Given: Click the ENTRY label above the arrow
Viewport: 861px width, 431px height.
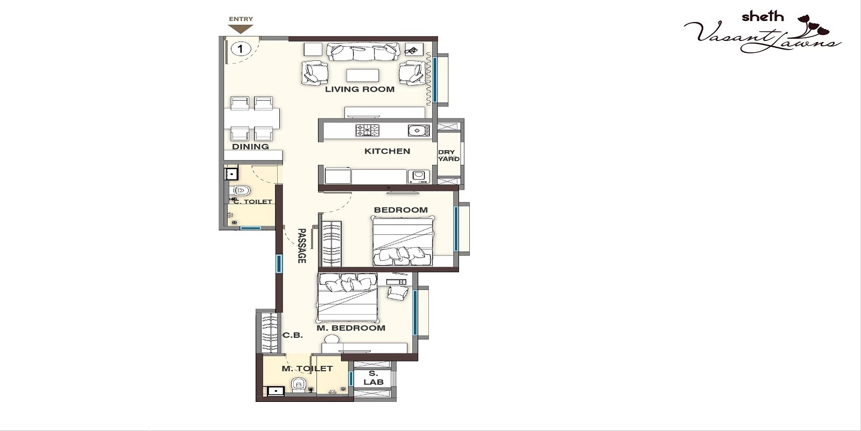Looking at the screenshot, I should [x=241, y=19].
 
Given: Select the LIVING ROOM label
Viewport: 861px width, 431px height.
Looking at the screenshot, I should [x=359, y=89].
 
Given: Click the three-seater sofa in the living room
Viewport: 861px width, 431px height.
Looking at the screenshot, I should [x=363, y=52].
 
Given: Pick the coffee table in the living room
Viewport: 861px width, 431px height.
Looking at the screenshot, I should [x=362, y=75].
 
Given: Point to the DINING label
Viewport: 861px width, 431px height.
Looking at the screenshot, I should [x=250, y=147].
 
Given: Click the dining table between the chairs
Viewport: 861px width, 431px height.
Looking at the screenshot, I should [x=252, y=117].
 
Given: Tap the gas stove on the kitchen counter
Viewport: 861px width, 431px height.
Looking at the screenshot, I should [x=367, y=130].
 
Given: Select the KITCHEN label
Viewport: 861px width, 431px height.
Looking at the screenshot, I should [x=387, y=151].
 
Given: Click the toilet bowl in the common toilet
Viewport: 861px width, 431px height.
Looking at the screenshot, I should [x=242, y=190].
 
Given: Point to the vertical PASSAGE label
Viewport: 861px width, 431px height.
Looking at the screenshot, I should [x=302, y=246].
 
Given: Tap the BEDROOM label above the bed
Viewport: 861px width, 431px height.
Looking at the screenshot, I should [x=400, y=210].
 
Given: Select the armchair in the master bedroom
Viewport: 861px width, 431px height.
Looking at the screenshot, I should [x=398, y=293].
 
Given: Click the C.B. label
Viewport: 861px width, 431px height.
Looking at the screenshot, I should [x=293, y=335].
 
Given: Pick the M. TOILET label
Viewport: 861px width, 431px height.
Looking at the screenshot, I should [x=307, y=369].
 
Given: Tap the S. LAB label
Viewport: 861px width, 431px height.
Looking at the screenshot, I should [x=373, y=378].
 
